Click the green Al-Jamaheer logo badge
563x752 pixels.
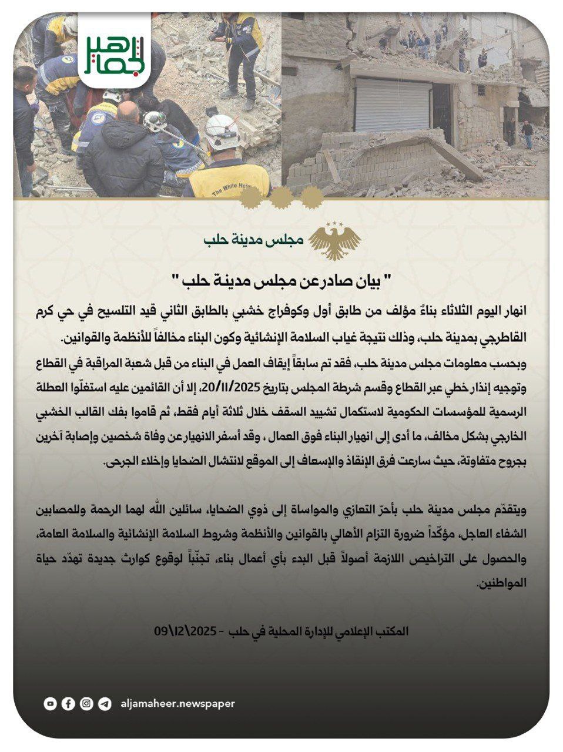[x=115, y=52]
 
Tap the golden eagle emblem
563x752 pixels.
[x=335, y=241]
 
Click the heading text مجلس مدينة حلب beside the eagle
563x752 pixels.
[x=253, y=241]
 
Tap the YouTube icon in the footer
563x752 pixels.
[x=51, y=703]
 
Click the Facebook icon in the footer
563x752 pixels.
[x=69, y=703]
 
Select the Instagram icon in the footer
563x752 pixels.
[x=87, y=703]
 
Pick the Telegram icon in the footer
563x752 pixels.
[x=105, y=703]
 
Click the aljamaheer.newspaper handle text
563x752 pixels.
[x=177, y=703]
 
